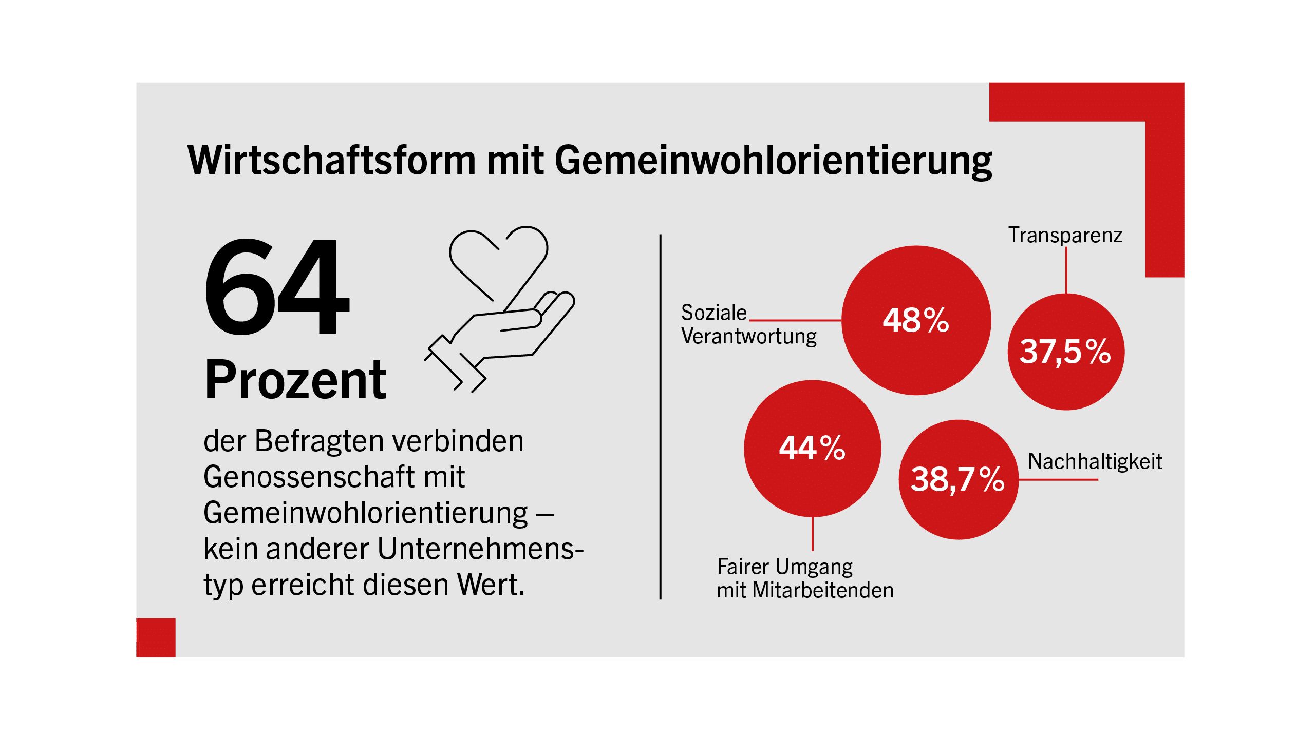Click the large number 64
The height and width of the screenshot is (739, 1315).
pos(277,286)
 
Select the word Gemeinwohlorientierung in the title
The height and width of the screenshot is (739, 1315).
pos(774,161)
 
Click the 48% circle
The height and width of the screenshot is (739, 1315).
pos(916,320)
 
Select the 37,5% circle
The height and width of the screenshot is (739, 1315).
pos(1066,352)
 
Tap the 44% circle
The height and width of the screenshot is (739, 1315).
pos(813,449)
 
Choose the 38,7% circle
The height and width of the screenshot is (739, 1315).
pos(959,479)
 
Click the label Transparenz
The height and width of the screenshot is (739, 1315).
pos(1065,235)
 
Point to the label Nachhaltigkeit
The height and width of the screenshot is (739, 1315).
pos(1095,461)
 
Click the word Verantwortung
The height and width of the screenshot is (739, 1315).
pos(749,336)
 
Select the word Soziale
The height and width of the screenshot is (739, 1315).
pos(714,313)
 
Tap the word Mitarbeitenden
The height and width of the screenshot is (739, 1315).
pos(823,590)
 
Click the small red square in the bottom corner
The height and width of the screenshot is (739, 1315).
pos(156,637)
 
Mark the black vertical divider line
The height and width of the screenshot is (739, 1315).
pos(661,417)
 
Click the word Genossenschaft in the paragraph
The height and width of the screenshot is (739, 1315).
pos(309,477)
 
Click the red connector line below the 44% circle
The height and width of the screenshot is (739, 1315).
pos(813,534)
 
